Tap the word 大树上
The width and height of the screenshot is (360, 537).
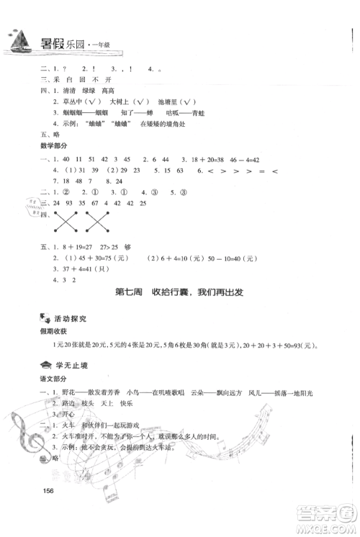click(125, 103)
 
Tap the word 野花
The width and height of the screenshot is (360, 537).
click(69, 392)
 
